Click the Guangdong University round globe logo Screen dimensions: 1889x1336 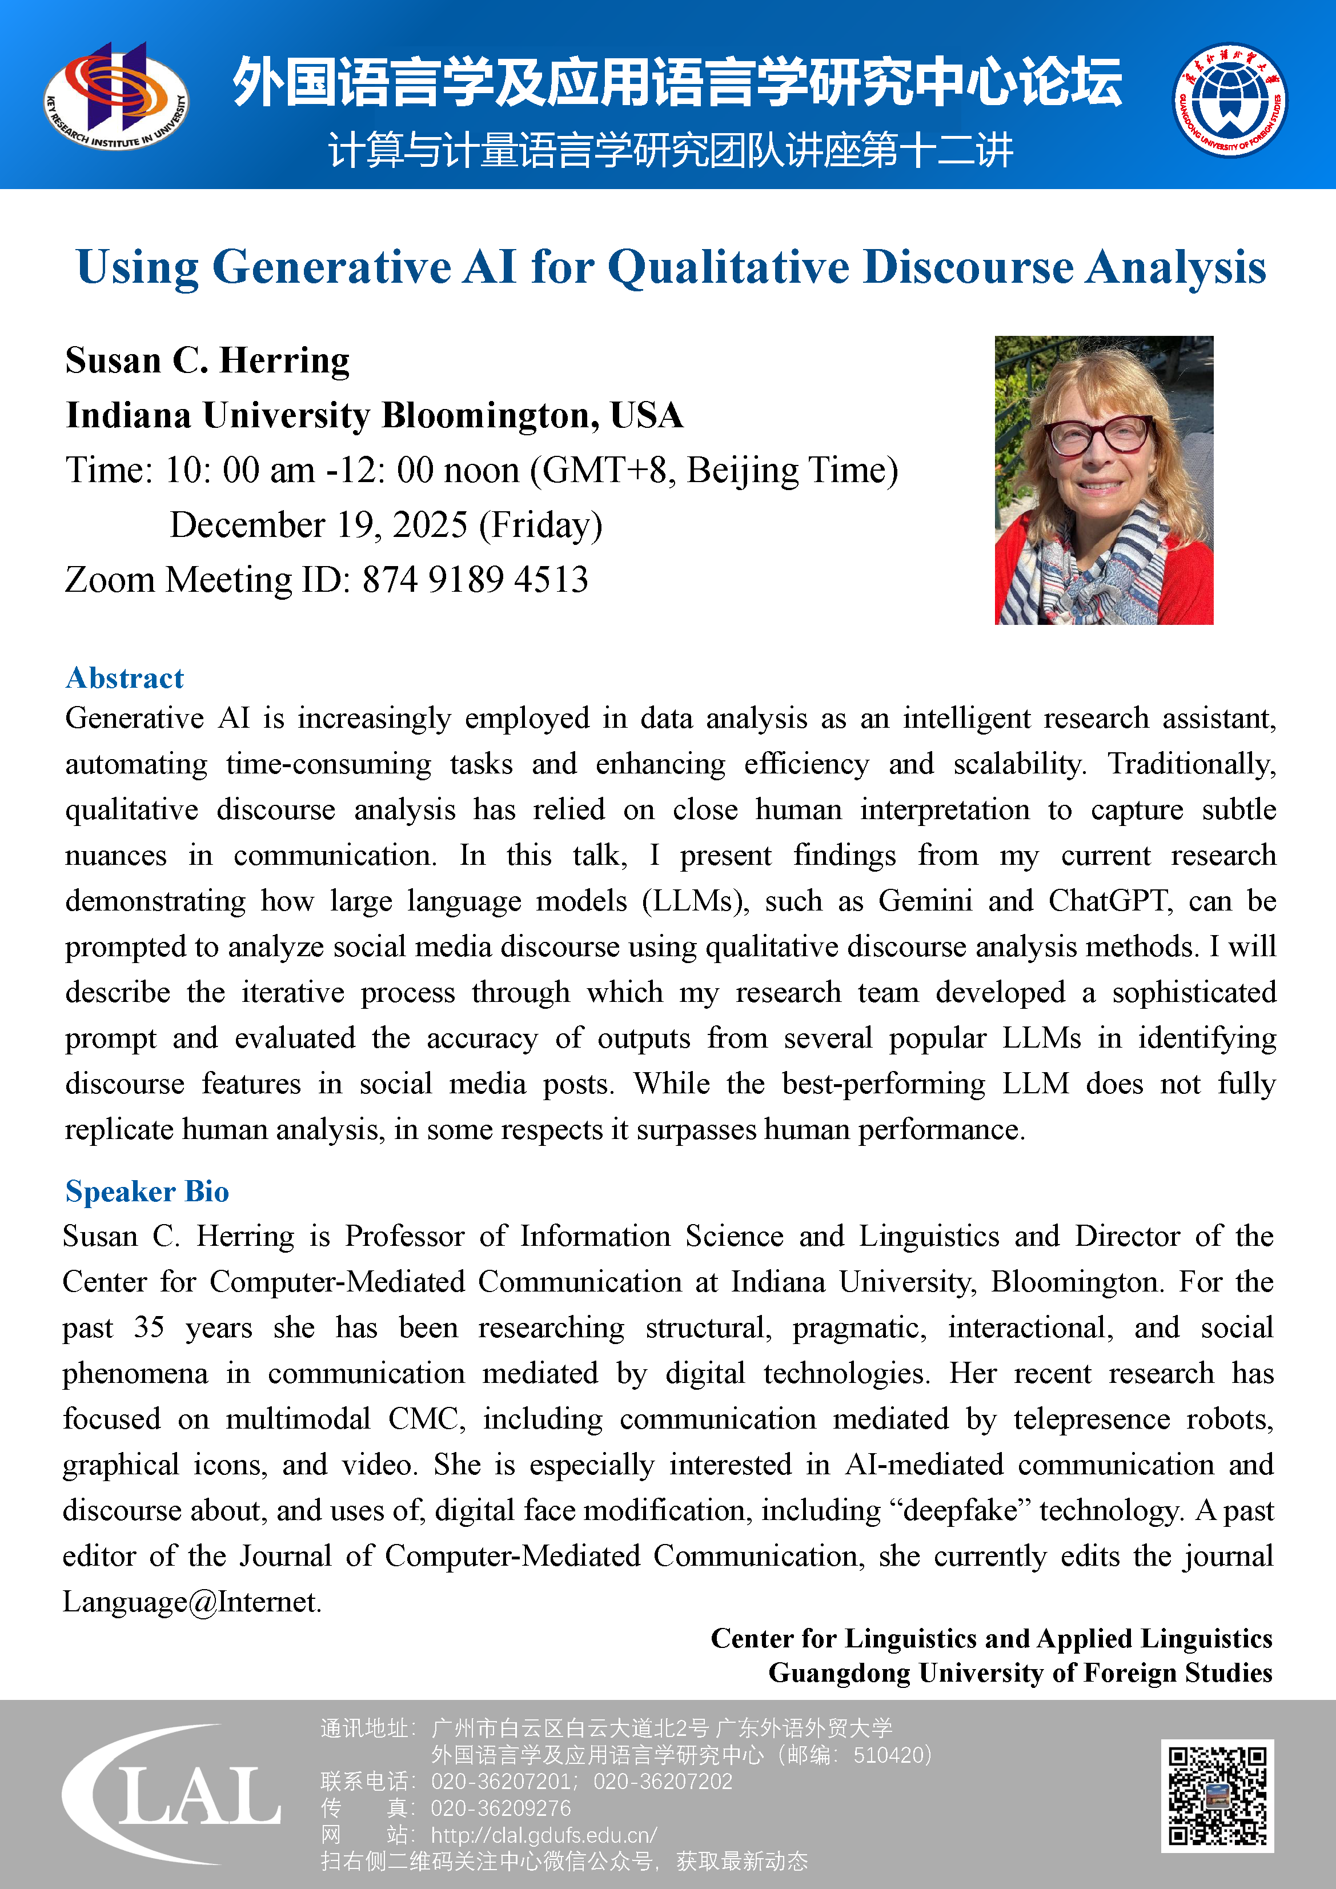point(1230,101)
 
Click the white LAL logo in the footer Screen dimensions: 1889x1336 point(172,1794)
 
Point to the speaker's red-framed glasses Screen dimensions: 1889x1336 point(1098,436)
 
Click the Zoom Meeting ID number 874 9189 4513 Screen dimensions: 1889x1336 point(475,580)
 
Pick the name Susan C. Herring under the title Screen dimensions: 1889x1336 point(207,361)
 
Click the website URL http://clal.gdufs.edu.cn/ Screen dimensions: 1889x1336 point(544,1835)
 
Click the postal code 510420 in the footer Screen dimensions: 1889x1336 point(888,1755)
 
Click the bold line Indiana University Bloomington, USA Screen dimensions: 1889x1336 point(374,415)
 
